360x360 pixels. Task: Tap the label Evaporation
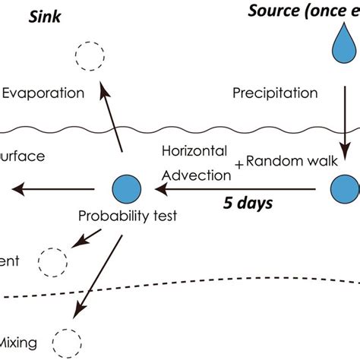pos(43,93)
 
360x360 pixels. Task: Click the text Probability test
pos(128,216)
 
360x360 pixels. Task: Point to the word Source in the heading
pos(276,11)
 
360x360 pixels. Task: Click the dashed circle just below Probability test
pos(53,262)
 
